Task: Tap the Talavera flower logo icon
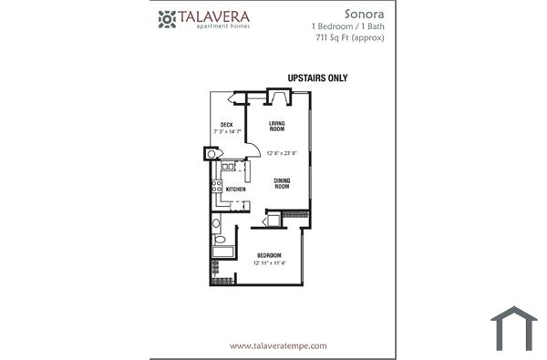coord(167,18)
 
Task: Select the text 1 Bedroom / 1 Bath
coord(348,27)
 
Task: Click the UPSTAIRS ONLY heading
coord(317,78)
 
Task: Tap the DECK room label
coord(226,124)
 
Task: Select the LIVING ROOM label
coord(277,126)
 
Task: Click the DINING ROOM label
coord(283,183)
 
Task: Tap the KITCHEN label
coord(235,190)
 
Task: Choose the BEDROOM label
coord(268,255)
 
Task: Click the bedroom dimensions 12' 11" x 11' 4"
coord(269,263)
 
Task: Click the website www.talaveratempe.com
coord(278,345)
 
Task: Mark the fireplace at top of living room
coord(277,97)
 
